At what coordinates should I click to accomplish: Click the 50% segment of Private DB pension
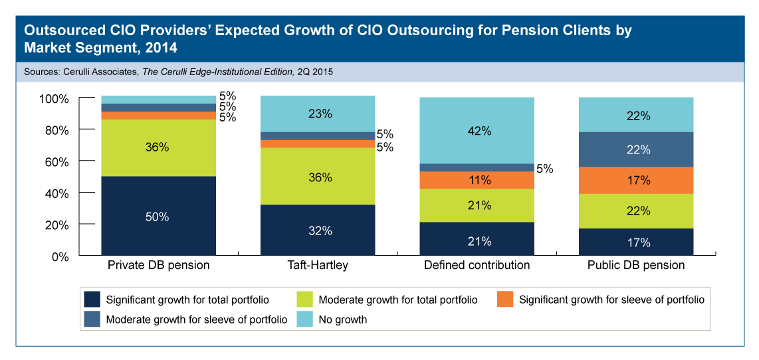(x=158, y=215)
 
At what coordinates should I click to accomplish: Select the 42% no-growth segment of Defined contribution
(x=477, y=131)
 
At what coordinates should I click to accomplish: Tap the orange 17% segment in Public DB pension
(x=637, y=180)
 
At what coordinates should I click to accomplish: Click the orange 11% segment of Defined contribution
(x=477, y=180)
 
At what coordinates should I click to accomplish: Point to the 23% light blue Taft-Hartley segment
(x=318, y=114)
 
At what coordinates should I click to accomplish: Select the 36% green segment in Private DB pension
(x=158, y=147)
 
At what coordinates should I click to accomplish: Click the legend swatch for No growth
(x=305, y=319)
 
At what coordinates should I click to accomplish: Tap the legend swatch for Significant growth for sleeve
(x=504, y=300)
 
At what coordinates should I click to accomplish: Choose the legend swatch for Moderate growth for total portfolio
(x=305, y=300)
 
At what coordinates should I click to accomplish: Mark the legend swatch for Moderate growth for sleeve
(x=92, y=319)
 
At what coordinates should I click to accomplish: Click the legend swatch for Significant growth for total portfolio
(x=92, y=300)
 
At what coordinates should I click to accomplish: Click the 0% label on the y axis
(x=60, y=256)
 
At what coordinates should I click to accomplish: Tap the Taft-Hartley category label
(x=318, y=265)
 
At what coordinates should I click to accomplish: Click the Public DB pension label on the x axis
(x=636, y=265)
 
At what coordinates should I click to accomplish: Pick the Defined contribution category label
(x=477, y=265)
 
